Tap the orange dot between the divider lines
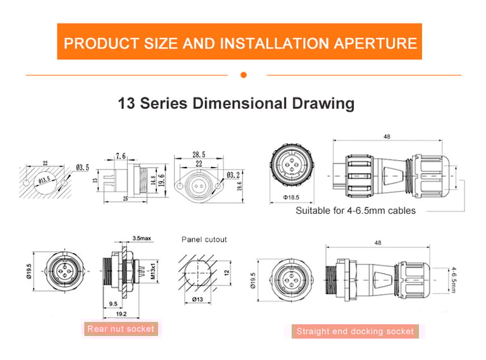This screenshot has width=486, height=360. tap(244, 75)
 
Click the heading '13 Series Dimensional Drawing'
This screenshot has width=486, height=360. tap(236, 103)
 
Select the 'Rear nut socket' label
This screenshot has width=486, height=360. tap(121, 329)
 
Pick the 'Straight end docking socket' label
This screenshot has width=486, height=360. tap(355, 331)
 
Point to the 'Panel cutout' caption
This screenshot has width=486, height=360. tap(204, 240)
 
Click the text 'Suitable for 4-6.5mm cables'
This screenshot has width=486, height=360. tap(356, 211)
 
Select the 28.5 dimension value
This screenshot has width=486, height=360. tap(198, 155)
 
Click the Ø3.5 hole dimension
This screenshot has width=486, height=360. tap(82, 167)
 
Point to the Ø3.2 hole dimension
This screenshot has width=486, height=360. tap(234, 175)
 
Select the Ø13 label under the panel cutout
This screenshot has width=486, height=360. tap(197, 300)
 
